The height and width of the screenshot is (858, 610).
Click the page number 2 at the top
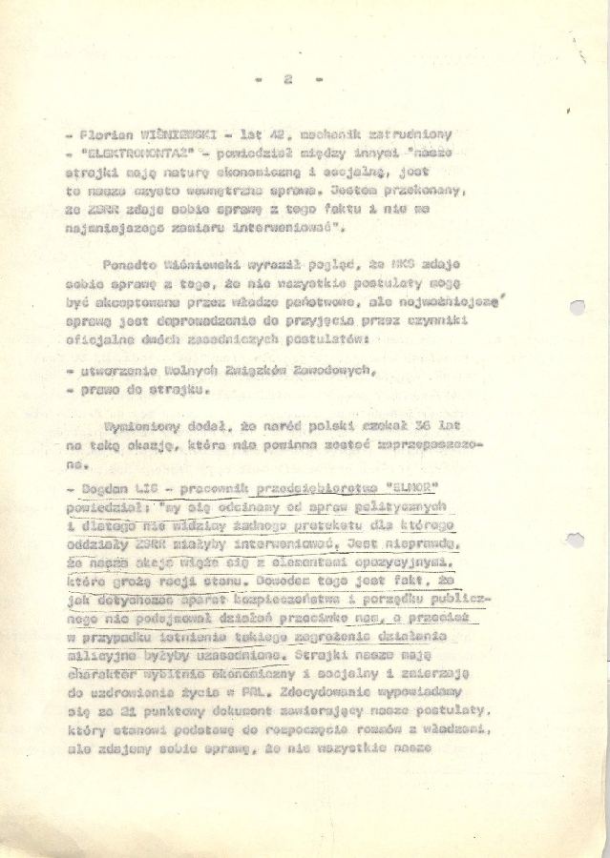coord(287,81)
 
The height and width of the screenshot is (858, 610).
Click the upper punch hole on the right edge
coord(576,308)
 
